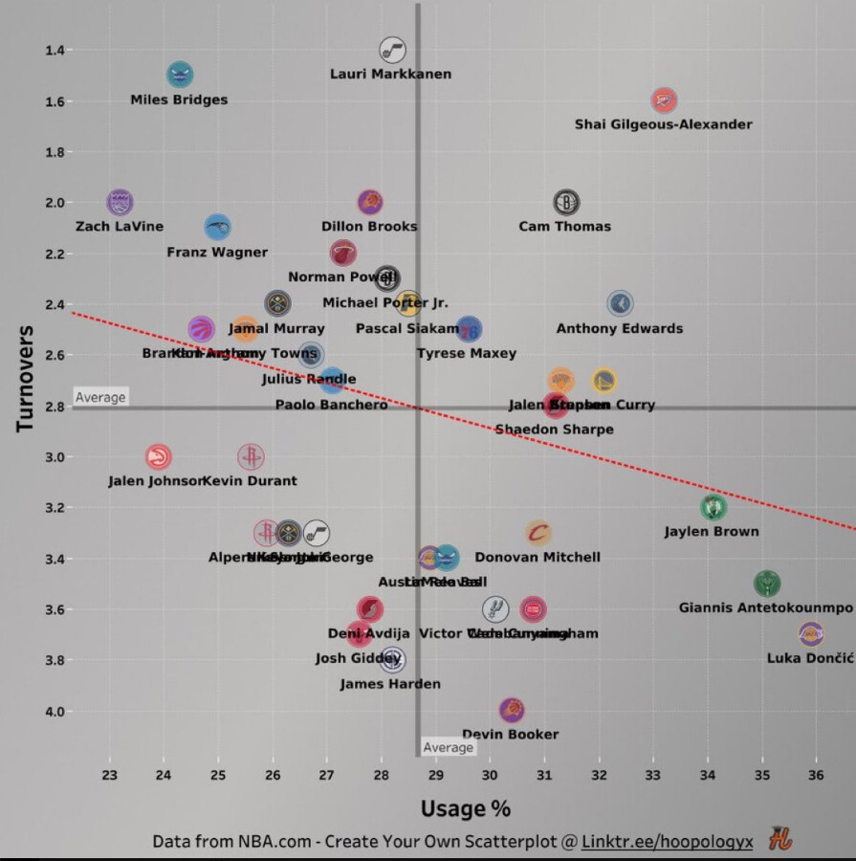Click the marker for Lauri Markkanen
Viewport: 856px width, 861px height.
(x=392, y=50)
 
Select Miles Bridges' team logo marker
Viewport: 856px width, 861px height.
(x=180, y=76)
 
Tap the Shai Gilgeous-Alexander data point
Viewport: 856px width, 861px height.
(x=664, y=99)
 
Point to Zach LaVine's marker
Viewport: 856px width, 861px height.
(x=120, y=202)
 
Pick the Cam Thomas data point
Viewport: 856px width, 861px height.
(x=566, y=202)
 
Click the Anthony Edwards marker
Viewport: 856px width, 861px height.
(x=620, y=304)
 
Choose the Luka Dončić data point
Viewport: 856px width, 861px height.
(x=811, y=633)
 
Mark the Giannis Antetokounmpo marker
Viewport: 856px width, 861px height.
(x=766, y=583)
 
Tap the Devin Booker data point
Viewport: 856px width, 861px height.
(x=512, y=710)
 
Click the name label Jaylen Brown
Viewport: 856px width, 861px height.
(x=712, y=532)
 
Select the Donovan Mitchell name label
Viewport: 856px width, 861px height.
(x=538, y=557)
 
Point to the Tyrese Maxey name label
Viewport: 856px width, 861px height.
(x=467, y=353)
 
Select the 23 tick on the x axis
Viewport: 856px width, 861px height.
(x=109, y=774)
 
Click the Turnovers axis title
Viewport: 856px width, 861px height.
(x=26, y=379)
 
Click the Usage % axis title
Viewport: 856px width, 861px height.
(x=466, y=809)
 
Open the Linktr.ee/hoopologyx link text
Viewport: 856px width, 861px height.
(x=667, y=842)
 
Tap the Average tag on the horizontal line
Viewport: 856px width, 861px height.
(x=100, y=397)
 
